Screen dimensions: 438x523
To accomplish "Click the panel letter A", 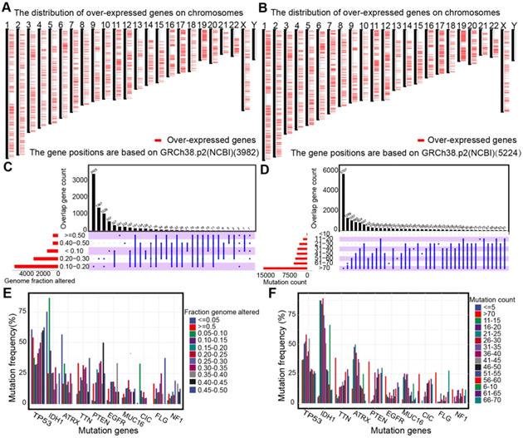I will tap(7, 9).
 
